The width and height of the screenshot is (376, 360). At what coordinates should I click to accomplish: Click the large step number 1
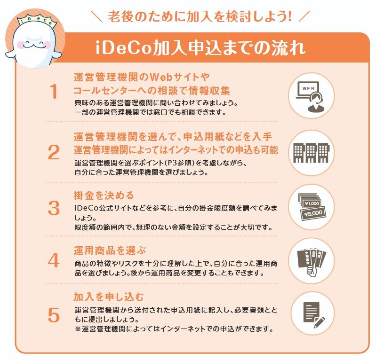pyautogui.click(x=55, y=92)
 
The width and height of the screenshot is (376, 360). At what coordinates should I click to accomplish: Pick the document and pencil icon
pyautogui.click(x=311, y=314)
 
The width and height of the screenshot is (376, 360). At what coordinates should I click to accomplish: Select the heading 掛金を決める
pyautogui.click(x=104, y=195)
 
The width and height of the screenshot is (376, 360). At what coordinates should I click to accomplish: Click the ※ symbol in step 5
pyautogui.click(x=78, y=328)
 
